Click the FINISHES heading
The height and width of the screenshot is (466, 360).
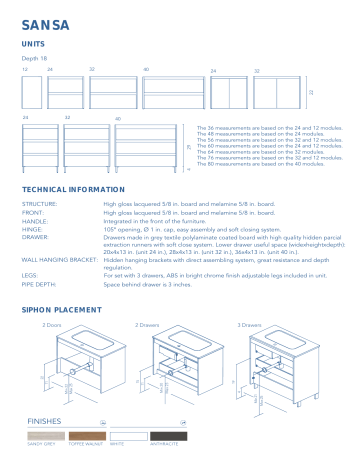pyautogui.click(x=48, y=422)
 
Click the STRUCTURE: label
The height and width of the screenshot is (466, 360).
pyautogui.click(x=39, y=203)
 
